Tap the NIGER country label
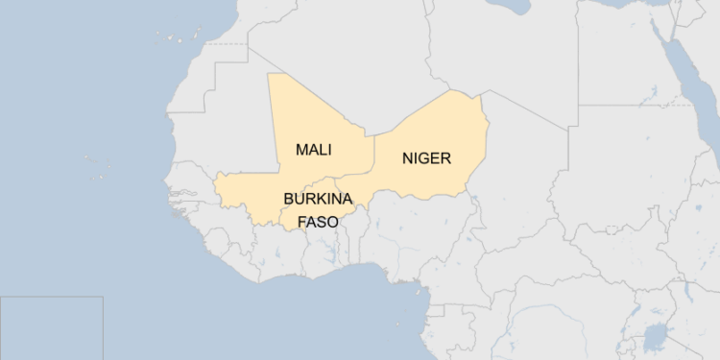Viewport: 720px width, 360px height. click(426, 158)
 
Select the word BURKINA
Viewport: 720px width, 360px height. click(317, 199)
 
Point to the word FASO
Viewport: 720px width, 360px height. click(318, 221)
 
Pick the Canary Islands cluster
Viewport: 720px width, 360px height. click(179, 38)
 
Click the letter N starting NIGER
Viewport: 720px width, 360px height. click(408, 158)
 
